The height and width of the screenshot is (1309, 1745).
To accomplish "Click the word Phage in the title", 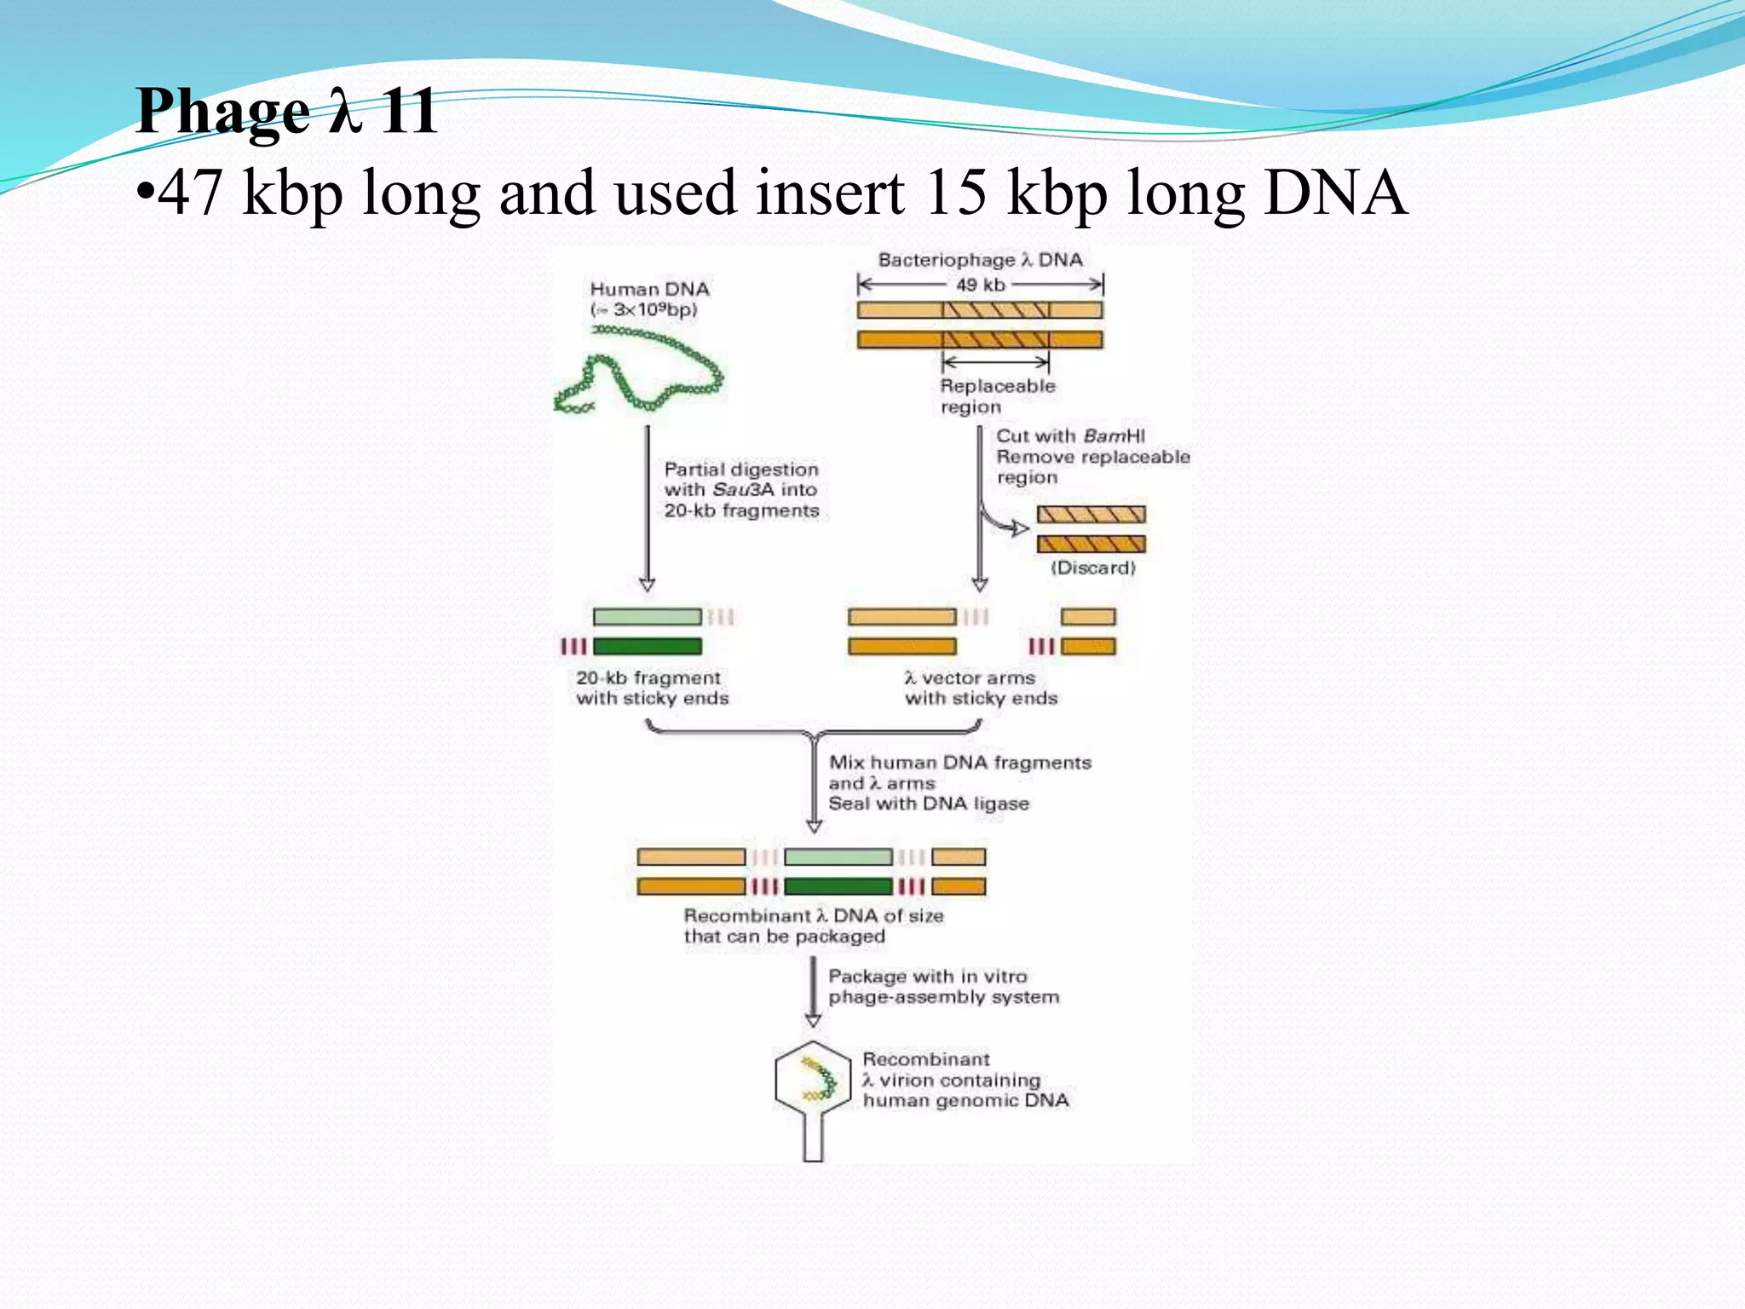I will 223,112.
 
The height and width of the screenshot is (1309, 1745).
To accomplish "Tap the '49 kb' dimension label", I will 980,285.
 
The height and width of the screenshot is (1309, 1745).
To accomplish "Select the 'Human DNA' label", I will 649,290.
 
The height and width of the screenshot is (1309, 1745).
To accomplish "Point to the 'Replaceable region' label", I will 997,396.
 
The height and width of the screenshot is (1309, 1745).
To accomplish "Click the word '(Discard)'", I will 1092,568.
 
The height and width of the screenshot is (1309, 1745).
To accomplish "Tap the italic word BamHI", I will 1114,436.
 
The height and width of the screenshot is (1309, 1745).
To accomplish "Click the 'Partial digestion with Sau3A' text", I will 740,480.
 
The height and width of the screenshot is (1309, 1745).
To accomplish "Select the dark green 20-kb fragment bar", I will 647,647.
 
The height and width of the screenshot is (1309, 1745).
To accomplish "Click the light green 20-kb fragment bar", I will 647,616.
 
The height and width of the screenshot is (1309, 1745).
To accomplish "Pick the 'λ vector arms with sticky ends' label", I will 980,688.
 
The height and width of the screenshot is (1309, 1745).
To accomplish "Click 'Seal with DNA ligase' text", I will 929,804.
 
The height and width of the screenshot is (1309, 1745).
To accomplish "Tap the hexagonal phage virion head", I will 813,1080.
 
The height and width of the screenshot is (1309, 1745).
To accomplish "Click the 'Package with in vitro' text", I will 927,977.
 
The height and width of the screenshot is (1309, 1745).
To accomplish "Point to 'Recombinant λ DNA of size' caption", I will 813,916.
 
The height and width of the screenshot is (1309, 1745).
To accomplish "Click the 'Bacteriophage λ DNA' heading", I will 980,260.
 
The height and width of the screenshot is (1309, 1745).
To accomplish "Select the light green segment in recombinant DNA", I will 838,856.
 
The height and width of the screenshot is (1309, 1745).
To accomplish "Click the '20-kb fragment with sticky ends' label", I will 652,688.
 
